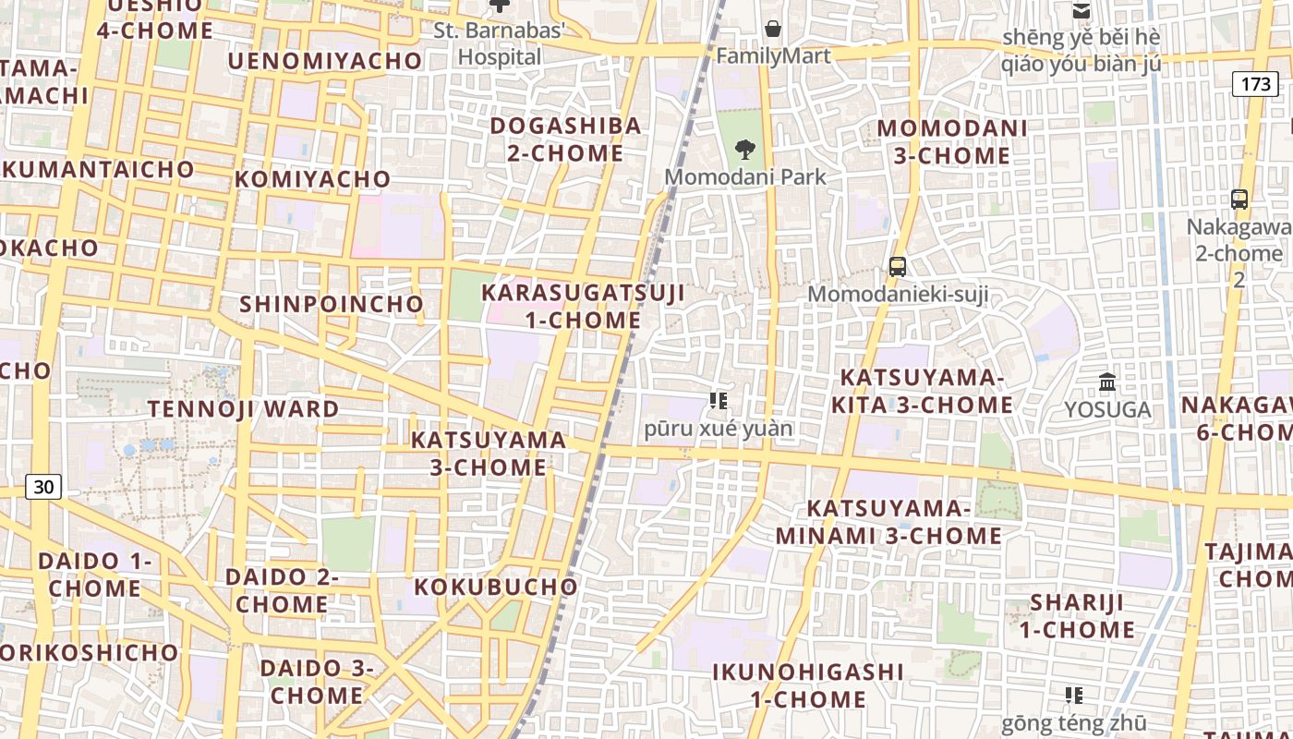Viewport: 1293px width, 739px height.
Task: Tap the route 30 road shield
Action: pos(43,487)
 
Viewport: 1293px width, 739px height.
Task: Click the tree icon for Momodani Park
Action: pos(744,149)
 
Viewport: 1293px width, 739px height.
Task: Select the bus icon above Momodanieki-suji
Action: pos(897,267)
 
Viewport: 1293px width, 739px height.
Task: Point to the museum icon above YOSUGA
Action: pos(1107,382)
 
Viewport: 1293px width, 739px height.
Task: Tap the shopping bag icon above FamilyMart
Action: pos(773,29)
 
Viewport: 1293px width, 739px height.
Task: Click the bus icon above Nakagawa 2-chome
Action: pos(1239,199)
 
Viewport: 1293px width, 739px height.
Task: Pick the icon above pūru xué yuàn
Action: pos(719,401)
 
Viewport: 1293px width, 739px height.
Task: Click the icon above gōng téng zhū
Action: pos(1073,695)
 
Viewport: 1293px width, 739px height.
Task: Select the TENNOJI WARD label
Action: pos(244,408)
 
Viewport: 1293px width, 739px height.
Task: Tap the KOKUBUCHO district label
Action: pos(496,587)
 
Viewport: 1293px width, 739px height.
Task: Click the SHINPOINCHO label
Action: pos(332,304)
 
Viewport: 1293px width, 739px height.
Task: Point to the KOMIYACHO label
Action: pos(313,178)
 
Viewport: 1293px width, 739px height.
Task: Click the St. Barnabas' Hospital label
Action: pos(500,43)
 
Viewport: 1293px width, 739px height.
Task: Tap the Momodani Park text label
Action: pos(745,176)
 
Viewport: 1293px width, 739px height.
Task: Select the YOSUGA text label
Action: pos(1107,409)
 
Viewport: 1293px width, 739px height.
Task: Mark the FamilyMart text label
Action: pos(774,55)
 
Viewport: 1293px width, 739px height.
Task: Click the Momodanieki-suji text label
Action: pos(898,295)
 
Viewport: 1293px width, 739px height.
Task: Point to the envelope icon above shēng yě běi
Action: pos(1081,11)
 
